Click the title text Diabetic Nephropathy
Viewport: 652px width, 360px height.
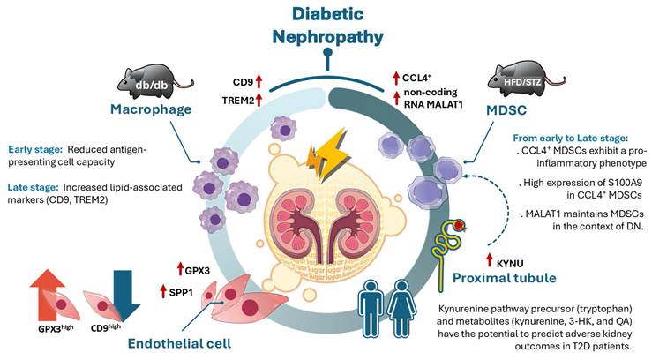326,26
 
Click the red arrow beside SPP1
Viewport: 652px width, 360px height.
162,290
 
